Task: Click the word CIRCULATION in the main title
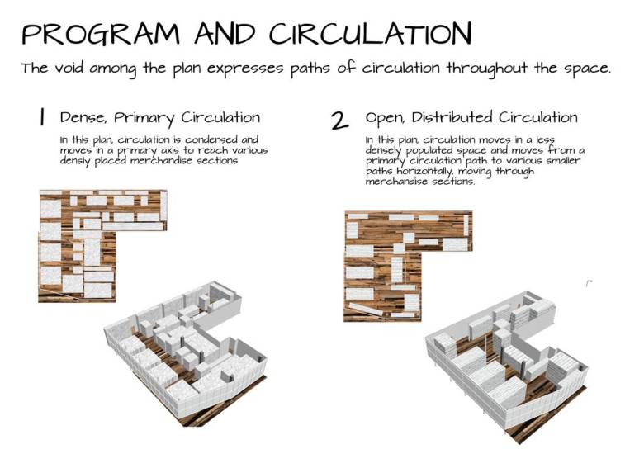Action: point(371,34)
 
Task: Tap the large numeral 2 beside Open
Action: point(339,121)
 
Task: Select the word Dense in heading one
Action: point(81,118)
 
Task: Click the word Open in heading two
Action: point(385,118)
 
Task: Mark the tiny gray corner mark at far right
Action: point(589,283)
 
